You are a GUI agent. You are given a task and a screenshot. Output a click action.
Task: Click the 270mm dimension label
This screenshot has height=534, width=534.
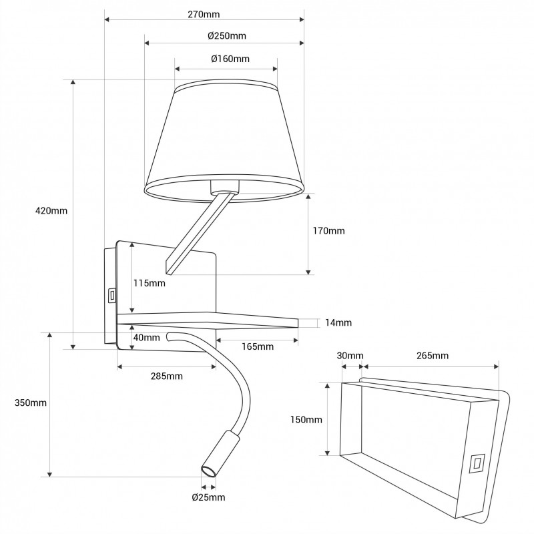204,14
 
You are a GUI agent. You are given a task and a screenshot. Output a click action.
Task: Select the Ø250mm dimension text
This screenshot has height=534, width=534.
227,36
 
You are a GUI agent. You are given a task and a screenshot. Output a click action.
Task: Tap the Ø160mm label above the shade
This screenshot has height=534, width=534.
230,59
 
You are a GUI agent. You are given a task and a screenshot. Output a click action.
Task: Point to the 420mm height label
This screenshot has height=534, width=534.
51,211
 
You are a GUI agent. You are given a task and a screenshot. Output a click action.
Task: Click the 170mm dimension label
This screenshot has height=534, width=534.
329,231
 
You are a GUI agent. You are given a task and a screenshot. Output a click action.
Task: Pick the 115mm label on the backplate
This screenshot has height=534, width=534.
149,283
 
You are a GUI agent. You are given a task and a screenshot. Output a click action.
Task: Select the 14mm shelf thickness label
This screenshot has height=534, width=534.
338,322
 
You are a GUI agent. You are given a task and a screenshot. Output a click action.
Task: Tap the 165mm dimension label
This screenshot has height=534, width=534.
258,346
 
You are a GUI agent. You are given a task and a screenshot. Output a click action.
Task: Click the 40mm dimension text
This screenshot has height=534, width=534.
146,338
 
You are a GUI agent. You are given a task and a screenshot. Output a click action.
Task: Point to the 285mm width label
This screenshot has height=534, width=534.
167,376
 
